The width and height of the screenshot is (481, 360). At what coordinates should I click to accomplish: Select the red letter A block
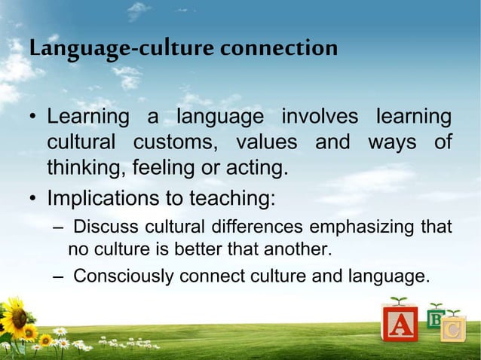click(x=400, y=325)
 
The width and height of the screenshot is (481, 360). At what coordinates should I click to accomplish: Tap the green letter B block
click(x=435, y=319)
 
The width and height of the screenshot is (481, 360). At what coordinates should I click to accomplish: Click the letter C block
click(x=453, y=329)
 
